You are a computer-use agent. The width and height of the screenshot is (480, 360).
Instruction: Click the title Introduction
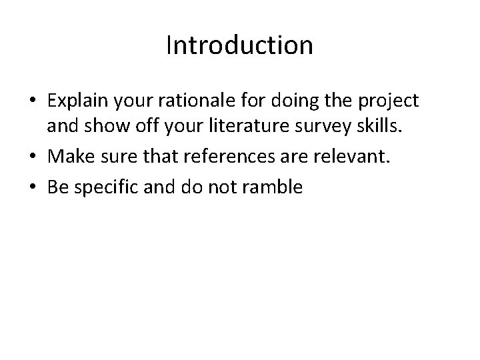click(239, 45)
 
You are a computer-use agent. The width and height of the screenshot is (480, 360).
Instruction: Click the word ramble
click(275, 187)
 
